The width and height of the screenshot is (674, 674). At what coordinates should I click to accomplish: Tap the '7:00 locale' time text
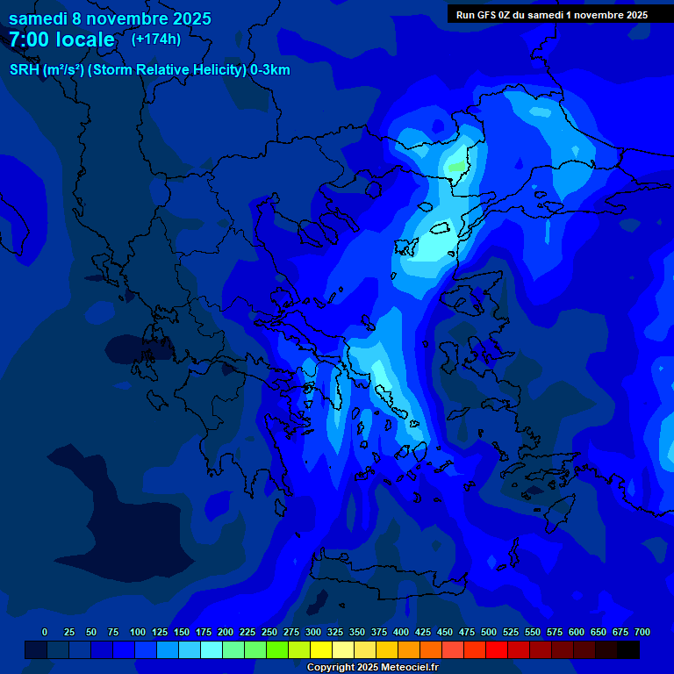point(61,39)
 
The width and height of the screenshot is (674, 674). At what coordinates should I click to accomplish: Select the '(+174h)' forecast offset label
point(156,39)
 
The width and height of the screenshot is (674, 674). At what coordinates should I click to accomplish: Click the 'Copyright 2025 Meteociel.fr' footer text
point(371,668)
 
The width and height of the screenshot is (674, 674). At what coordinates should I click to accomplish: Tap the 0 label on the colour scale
point(45,632)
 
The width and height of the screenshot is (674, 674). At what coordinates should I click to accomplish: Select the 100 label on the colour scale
point(137,632)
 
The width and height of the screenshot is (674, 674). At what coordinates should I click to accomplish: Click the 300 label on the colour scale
point(313,632)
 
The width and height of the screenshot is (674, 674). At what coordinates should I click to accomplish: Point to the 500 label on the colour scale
point(489,632)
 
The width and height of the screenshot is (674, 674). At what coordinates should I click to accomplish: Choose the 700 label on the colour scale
point(642,632)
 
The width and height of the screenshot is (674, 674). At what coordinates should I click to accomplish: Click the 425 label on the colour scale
point(423,632)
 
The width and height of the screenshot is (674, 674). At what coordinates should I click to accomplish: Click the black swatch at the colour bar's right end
point(628,650)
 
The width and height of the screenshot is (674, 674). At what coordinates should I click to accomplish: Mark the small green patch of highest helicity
point(456,166)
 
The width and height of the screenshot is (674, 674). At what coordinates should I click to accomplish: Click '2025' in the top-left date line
point(191,18)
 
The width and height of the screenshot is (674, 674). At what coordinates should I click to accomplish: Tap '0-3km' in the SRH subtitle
point(270,70)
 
